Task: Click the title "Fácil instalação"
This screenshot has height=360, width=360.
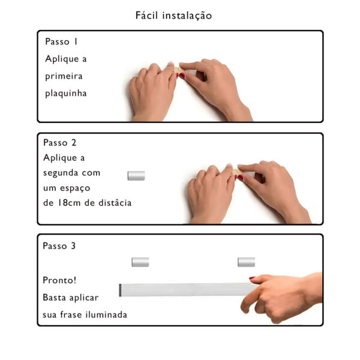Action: coord(173,15)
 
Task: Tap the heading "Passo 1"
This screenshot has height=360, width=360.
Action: coord(61,42)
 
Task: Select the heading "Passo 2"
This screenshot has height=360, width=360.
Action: coord(60,143)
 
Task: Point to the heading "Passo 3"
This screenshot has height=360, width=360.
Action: coord(59,246)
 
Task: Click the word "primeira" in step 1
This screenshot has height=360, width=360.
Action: coord(64,76)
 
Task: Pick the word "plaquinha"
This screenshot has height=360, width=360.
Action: coord(66,93)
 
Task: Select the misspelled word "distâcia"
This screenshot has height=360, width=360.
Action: coord(114,203)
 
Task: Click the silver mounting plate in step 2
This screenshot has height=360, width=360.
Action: coord(136,176)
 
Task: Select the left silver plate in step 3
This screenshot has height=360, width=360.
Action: coord(140,262)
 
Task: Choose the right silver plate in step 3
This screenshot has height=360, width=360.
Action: coord(246,262)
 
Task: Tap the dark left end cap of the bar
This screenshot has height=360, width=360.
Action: coord(121,290)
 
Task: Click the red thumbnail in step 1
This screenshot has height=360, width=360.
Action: coord(181,76)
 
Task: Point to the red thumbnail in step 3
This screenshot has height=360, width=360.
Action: coord(252,278)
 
